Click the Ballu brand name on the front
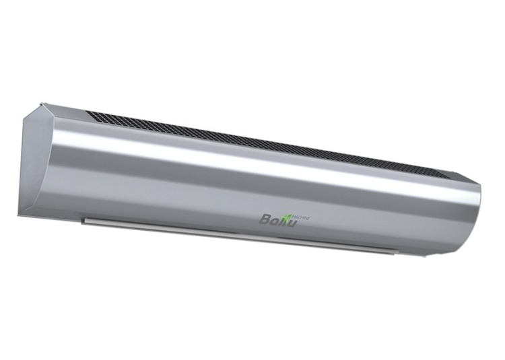(x=280, y=218)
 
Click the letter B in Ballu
(x=266, y=219)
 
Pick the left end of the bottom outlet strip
(x=83, y=218)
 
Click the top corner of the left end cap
(x=44, y=104)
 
